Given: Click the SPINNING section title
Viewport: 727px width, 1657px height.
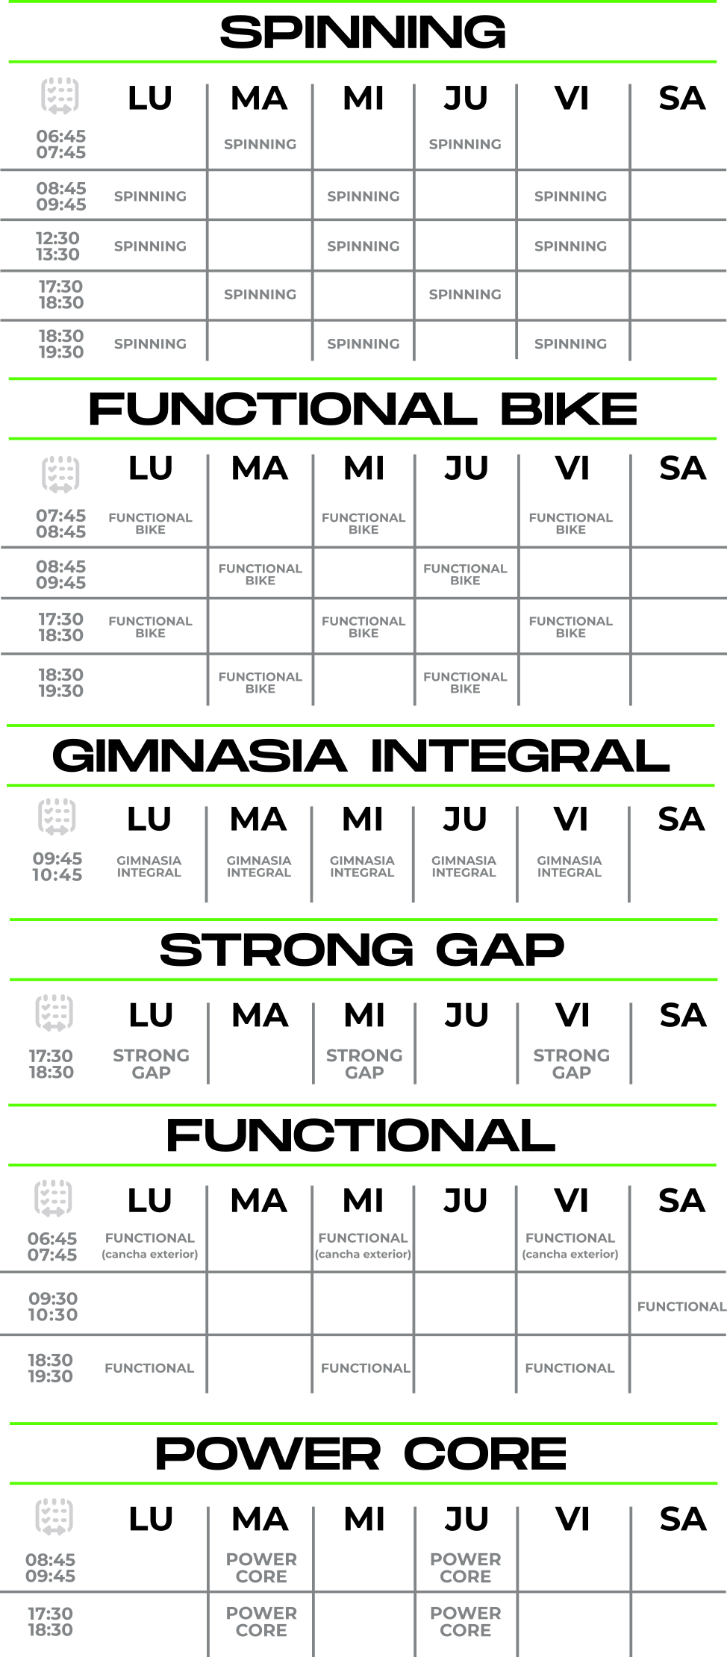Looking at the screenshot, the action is click(x=363, y=32).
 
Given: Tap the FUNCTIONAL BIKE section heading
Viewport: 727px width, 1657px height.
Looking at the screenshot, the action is click(x=363, y=409).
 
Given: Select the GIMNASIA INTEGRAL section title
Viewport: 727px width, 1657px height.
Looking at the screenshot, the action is click(x=361, y=755).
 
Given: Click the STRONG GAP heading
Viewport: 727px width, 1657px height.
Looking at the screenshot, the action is click(x=362, y=949).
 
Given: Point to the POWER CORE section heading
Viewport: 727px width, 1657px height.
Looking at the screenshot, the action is click(x=361, y=1453).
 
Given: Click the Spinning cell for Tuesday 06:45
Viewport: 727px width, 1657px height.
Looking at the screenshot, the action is click(x=260, y=144).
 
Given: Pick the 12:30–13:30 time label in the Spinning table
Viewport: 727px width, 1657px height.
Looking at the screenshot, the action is click(x=57, y=246).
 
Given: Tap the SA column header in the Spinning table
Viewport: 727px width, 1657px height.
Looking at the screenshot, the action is click(x=682, y=99).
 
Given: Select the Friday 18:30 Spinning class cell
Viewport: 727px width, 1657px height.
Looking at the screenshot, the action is click(x=570, y=343).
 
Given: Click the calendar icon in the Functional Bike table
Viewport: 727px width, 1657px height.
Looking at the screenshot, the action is click(x=60, y=474).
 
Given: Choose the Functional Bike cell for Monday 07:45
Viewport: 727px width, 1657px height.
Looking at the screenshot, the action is click(x=150, y=523).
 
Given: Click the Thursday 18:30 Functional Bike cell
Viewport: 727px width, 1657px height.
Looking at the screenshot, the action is click(x=465, y=682).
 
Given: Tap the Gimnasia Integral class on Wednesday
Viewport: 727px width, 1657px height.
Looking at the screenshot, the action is click(x=362, y=866).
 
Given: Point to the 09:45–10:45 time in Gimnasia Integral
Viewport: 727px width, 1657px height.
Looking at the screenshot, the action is click(x=57, y=867).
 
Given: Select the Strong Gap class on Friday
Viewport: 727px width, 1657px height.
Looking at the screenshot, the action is click(x=571, y=1064).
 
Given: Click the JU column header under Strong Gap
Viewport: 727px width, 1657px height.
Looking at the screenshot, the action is click(x=467, y=1015).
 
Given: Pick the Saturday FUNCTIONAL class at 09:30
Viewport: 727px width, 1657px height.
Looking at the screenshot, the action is click(x=681, y=1306).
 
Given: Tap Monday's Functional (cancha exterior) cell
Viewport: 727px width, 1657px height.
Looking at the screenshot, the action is click(x=149, y=1246).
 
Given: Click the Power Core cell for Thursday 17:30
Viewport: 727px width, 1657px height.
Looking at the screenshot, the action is click(x=465, y=1621).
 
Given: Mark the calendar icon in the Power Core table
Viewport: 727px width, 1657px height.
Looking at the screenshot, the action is click(x=54, y=1517).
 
